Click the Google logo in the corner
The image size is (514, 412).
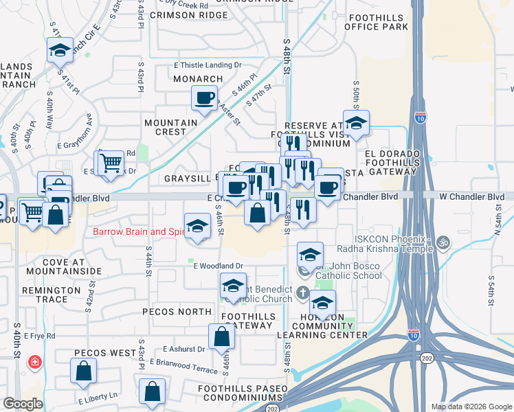click(x=23, y=404)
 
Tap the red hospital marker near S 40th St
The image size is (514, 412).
click(x=32, y=362)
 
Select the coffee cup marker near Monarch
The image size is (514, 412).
click(x=204, y=98)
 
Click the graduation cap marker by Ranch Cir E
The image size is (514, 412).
click(x=60, y=49)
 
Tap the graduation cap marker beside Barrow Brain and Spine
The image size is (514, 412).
click(x=197, y=226)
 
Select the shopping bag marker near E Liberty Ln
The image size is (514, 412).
click(x=152, y=392)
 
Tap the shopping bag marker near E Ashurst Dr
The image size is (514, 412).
click(x=222, y=336)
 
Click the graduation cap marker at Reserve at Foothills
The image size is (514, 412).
click(x=356, y=124)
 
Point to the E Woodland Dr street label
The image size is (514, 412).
click(x=219, y=265)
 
